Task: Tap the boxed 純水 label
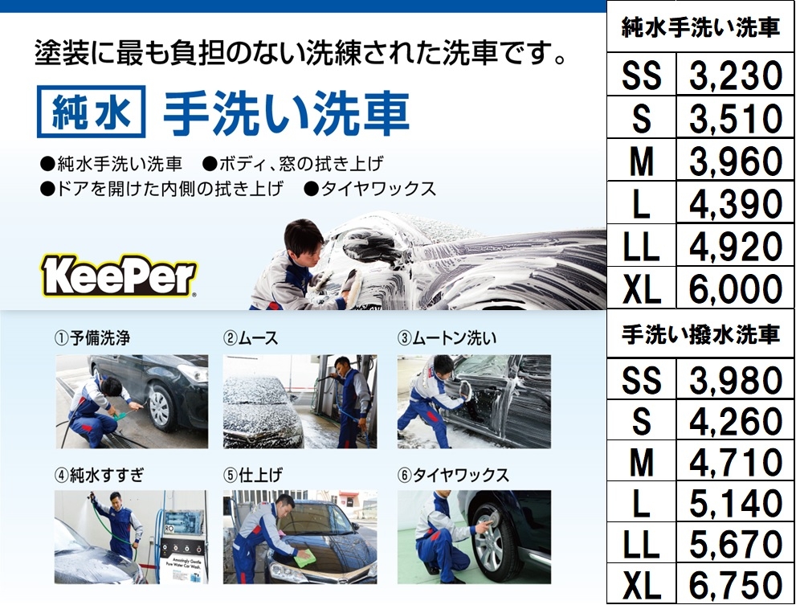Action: coord(92,112)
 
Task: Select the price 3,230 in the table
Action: coord(736,76)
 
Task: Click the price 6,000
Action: coord(736,289)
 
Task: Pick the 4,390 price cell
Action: coord(736,204)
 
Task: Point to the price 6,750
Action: coord(736,584)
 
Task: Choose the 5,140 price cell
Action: coord(736,503)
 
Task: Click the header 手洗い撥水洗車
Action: coord(700,335)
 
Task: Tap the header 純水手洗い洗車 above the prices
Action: coord(700,27)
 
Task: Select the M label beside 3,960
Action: coord(642,161)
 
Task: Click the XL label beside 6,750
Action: coord(642,585)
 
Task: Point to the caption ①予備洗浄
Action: coord(92,337)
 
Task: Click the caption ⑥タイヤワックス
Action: coord(453,475)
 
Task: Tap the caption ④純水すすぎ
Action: coord(100,475)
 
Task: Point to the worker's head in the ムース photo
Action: coord(343,364)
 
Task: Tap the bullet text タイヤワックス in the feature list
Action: coord(378,189)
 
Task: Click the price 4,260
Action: coord(736,421)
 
